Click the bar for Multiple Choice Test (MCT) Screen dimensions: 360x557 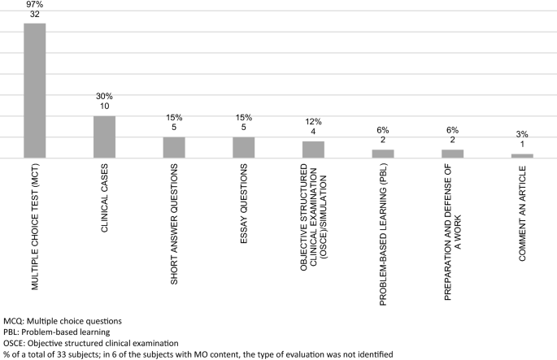point(34,90)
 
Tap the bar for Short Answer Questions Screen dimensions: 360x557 point(174,147)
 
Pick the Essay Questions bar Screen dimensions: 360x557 point(244,147)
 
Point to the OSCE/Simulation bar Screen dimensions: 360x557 point(313,150)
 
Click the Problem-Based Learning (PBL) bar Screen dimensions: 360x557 point(383,154)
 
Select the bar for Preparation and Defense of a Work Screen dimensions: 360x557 point(453,154)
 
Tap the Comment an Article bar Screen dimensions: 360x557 point(522,155)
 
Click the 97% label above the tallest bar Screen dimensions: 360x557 point(34,5)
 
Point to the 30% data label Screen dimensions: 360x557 point(104,97)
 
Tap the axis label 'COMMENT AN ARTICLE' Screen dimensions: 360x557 point(523,213)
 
